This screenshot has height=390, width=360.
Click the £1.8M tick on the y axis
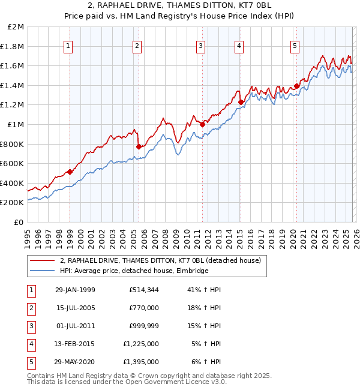(13, 46)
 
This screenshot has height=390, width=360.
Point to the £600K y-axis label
(13, 163)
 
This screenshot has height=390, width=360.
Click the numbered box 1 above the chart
(68, 46)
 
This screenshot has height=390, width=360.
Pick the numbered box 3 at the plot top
(200, 46)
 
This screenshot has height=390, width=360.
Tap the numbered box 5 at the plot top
(295, 46)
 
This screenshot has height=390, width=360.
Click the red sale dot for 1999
(70, 172)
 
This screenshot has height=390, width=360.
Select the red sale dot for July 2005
(139, 146)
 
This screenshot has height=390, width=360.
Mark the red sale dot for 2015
(241, 102)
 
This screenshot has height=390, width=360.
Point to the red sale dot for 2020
(296, 86)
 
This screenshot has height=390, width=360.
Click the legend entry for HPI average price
(133, 271)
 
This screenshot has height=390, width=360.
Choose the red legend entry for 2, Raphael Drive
(160, 260)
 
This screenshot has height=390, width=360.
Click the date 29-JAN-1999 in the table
(74, 290)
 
